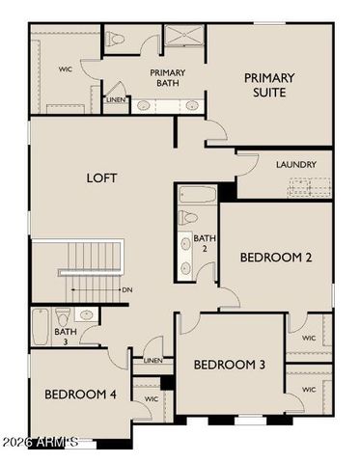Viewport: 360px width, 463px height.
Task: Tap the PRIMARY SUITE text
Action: pyautogui.click(x=268, y=85)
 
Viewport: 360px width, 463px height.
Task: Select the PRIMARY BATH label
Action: pyautogui.click(x=168, y=78)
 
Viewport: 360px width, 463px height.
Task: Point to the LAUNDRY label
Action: pyautogui.click(x=296, y=165)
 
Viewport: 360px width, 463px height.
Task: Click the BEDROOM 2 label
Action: pyautogui.click(x=275, y=257)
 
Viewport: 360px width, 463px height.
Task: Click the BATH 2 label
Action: pyautogui.click(x=204, y=243)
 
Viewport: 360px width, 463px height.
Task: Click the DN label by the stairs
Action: pyautogui.click(x=126, y=288)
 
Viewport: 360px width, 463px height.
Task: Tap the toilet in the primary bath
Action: pyautogui.click(x=116, y=40)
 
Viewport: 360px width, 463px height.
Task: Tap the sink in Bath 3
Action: pyautogui.click(x=85, y=314)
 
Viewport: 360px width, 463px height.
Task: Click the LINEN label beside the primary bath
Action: pyautogui.click(x=116, y=99)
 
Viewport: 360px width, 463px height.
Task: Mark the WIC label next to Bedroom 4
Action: pyautogui.click(x=151, y=397)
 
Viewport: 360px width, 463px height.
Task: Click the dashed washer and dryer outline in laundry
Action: pyautogui.click(x=310, y=186)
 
